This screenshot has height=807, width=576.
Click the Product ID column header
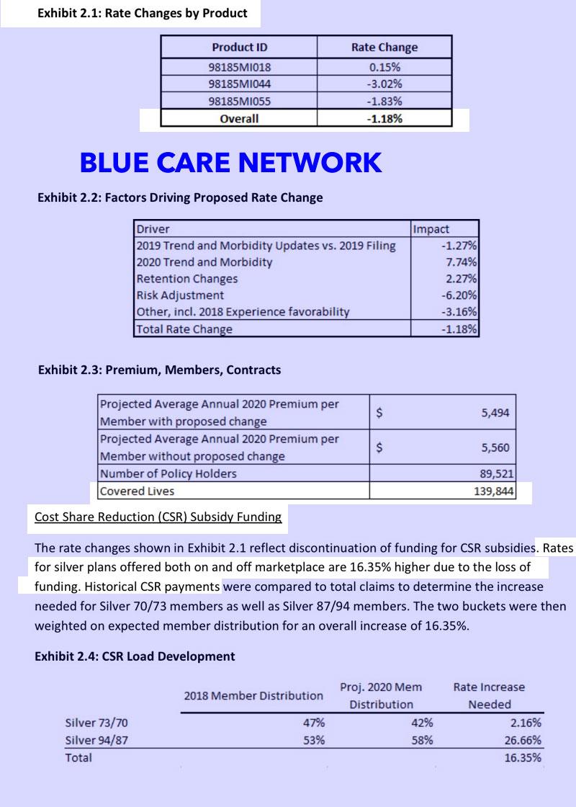(239, 48)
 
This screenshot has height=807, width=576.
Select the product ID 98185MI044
(239, 84)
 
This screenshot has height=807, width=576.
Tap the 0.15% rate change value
(385, 67)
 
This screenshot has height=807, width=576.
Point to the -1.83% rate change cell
(385, 101)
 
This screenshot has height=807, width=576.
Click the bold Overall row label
(239, 118)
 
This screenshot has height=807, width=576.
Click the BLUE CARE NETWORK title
(230, 163)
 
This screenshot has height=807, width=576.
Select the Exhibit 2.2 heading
(180, 197)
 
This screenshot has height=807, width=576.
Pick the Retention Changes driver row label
(187, 279)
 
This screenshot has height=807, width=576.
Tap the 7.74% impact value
(462, 262)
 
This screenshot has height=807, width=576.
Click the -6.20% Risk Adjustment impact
(460, 295)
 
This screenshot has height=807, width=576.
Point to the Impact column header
(431, 229)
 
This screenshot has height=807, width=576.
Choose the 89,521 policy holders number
(492, 474)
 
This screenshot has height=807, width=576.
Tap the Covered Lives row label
(137, 491)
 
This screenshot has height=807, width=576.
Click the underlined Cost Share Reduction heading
(158, 517)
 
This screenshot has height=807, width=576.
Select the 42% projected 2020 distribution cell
(422, 723)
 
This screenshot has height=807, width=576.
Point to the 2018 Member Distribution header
(253, 695)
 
